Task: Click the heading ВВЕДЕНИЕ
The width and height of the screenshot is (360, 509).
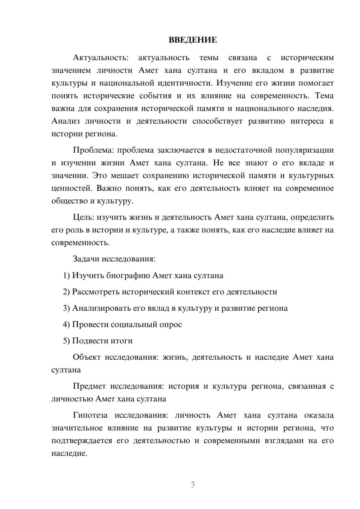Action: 193,40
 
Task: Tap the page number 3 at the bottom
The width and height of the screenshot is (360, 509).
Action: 193,485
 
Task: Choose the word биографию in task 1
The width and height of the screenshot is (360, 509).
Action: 129,276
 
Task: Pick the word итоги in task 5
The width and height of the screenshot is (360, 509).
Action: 122,341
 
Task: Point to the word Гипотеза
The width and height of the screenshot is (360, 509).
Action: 90,415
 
